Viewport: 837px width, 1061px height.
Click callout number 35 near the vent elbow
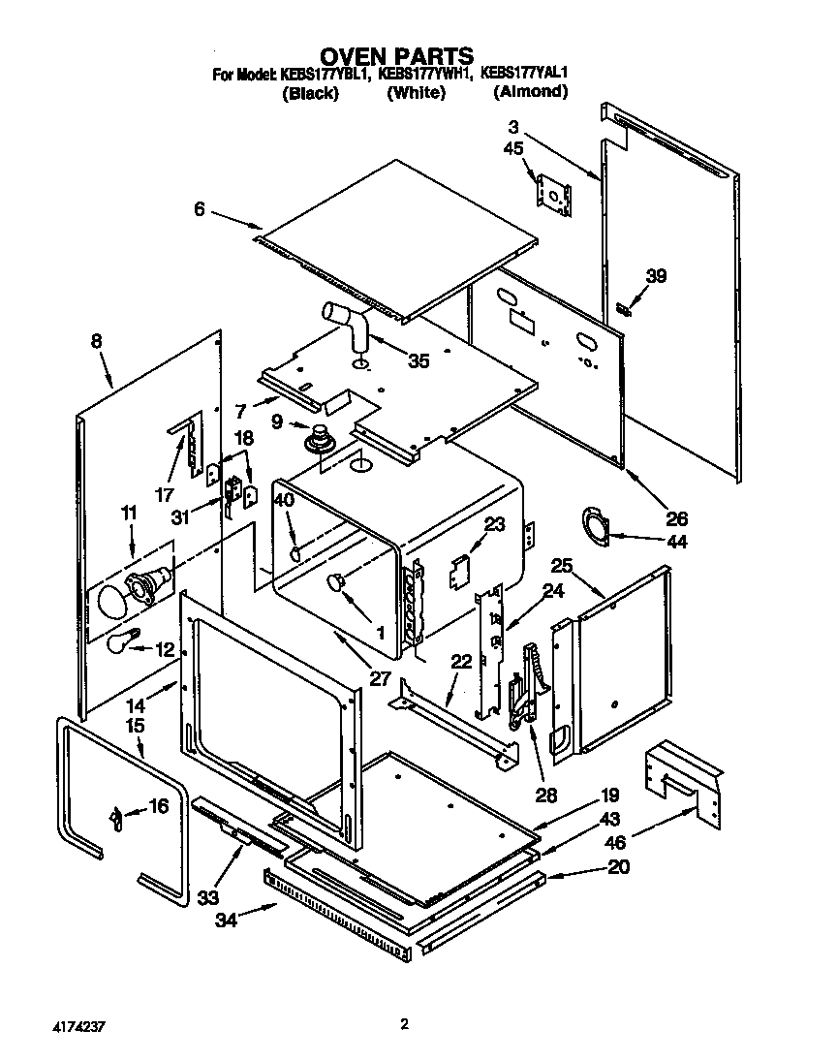point(418,362)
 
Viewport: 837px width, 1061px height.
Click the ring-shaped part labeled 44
point(594,523)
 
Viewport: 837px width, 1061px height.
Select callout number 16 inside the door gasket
point(157,805)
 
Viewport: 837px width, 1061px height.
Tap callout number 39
point(656,277)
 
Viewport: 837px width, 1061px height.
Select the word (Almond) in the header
point(530,92)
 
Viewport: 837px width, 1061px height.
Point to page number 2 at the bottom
point(405,1023)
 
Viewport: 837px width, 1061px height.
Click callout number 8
point(95,340)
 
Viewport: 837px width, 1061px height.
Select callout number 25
point(563,565)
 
